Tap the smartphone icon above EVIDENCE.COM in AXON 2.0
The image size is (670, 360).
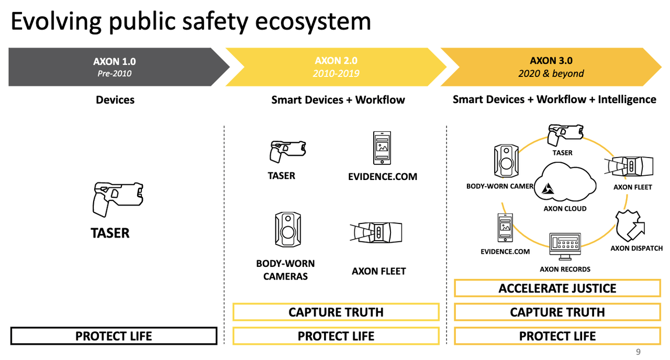click(x=382, y=148)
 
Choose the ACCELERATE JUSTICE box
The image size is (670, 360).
click(x=557, y=288)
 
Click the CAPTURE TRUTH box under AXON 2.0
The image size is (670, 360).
click(x=336, y=312)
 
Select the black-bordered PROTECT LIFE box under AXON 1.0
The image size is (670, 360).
click(x=114, y=336)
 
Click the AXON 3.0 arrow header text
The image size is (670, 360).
click(x=551, y=61)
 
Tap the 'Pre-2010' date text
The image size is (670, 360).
click(x=114, y=74)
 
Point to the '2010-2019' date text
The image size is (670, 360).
click(x=336, y=74)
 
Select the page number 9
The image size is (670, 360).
click(x=638, y=352)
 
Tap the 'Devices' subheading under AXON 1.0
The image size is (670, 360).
click(x=115, y=99)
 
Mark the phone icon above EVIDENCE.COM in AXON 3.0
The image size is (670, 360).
click(x=505, y=228)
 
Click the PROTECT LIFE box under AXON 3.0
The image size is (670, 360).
click(x=557, y=336)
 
